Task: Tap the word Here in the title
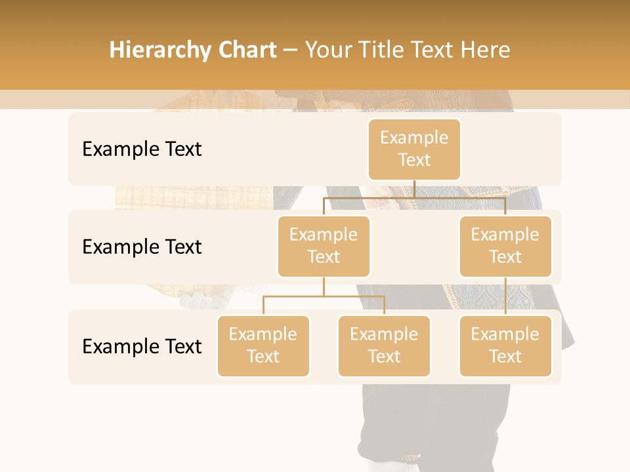point(484,50)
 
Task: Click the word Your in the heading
point(329,50)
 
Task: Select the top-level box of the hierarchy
point(414,149)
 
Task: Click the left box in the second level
point(324,246)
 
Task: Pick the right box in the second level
point(505,246)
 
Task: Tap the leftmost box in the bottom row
point(263,345)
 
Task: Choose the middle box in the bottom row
point(384,345)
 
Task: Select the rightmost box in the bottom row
point(505,345)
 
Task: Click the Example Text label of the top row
point(142,149)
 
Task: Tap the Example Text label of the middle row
point(142,247)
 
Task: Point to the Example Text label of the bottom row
point(142,346)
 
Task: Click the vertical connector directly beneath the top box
point(414,189)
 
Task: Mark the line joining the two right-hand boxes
point(505,296)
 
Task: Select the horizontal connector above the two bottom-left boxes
point(324,296)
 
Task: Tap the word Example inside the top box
point(414,138)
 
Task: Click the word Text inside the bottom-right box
point(505,357)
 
